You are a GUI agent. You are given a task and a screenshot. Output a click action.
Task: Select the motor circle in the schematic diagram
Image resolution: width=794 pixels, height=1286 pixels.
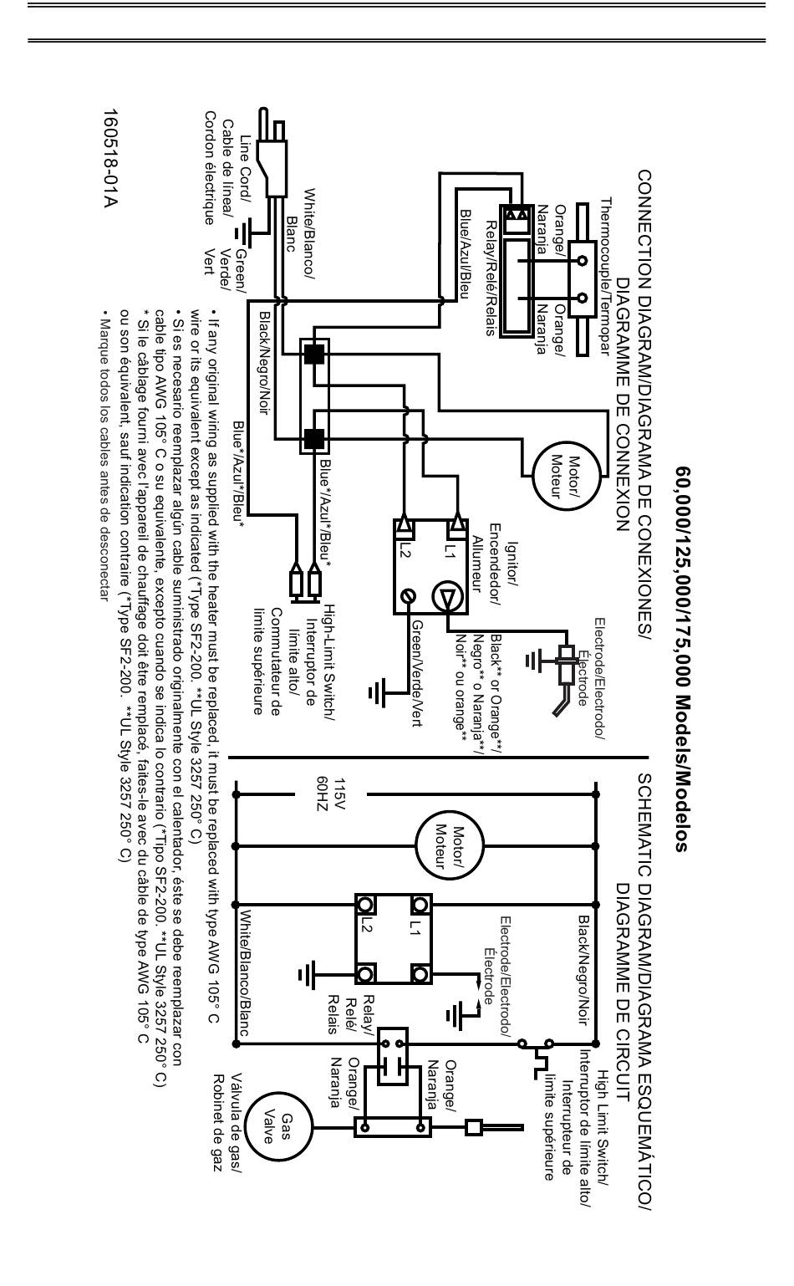point(449,845)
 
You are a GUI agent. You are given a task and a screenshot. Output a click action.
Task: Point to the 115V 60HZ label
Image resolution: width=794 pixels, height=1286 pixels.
point(331,794)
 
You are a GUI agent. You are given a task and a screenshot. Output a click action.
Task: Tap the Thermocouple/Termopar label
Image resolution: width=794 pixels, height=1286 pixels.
point(606,277)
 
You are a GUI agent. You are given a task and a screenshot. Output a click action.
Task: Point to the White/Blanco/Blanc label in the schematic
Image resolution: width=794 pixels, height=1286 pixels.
point(245,972)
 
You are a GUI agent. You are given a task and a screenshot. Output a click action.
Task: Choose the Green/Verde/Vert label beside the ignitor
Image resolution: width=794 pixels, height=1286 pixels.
point(417,674)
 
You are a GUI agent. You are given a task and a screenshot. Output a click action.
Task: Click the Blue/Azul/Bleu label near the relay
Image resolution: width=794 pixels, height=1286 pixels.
point(465,253)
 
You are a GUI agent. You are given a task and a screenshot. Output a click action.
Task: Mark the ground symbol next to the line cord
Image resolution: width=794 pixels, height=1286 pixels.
point(242,233)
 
